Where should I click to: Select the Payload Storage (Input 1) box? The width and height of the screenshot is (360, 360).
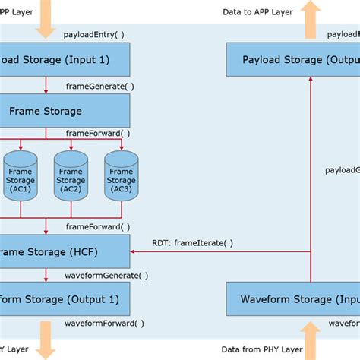65,59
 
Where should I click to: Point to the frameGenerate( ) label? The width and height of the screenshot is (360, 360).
100,86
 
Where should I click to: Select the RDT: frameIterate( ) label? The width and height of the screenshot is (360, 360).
194,243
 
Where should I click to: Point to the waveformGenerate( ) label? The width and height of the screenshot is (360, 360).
106,275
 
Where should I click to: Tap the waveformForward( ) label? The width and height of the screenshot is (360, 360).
104,324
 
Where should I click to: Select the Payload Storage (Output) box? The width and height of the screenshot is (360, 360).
293,59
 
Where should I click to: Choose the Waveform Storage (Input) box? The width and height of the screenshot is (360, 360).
293,298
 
